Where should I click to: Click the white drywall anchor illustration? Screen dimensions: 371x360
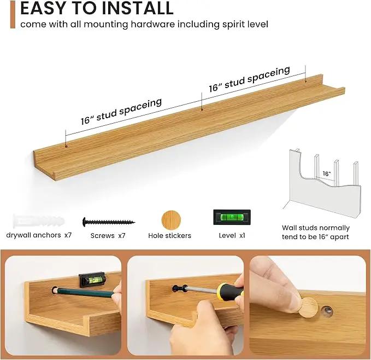point(39,221)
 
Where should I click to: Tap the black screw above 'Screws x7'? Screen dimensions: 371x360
point(109,222)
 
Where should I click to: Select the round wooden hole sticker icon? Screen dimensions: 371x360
point(171,220)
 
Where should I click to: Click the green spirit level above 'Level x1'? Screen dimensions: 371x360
point(232,217)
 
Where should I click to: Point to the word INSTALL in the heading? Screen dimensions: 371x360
point(138,8)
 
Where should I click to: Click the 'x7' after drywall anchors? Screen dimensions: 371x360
point(68,235)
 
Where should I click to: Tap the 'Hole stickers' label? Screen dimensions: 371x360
point(169,236)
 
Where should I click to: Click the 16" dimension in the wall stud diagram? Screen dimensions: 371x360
point(327,173)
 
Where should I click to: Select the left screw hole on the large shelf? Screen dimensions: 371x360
point(67,147)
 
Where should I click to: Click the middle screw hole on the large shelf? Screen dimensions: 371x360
point(202,109)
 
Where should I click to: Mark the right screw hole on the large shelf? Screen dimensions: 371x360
point(305,81)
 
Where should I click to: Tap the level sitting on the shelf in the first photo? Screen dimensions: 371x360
point(92,280)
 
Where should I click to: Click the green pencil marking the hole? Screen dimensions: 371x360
point(85,293)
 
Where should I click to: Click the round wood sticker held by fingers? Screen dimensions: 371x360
point(308,307)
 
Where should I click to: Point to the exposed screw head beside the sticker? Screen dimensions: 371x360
point(327,311)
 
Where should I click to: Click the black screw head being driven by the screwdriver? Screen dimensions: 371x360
point(178,288)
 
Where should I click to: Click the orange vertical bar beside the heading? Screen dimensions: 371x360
point(13,14)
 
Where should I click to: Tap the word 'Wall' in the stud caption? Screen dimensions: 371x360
point(288,228)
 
